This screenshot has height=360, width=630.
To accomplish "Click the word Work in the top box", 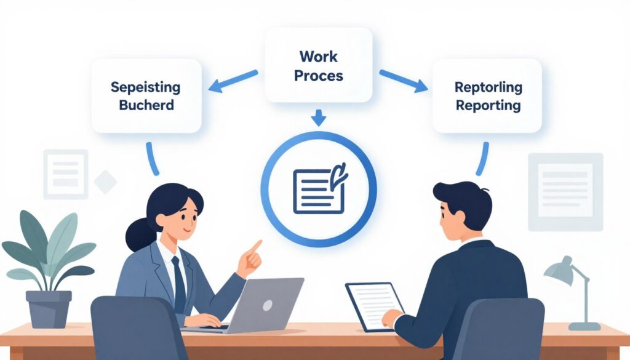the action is click(x=319, y=56).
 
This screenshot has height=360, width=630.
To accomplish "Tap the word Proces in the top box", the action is click(x=319, y=76).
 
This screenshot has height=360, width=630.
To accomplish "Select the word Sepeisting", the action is click(x=145, y=87).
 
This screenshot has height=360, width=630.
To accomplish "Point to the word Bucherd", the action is click(x=146, y=105).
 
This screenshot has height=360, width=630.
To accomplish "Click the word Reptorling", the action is click(x=488, y=87).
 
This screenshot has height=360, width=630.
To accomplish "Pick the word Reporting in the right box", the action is click(x=488, y=106).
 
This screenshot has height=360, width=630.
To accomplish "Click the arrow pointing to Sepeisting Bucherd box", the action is click(x=233, y=81).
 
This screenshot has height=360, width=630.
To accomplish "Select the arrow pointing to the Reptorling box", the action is click(x=404, y=81).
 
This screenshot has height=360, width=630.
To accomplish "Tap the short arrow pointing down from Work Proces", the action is click(x=319, y=118).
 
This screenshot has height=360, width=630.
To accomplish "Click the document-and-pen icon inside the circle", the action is click(x=320, y=188).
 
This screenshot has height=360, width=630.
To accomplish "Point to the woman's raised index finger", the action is click(x=255, y=246).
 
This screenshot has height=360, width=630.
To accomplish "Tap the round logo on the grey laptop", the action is click(x=268, y=305).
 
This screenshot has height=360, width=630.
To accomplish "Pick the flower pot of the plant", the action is click(x=49, y=309).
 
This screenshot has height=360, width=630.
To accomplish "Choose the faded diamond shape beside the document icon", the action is click(x=105, y=182).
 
